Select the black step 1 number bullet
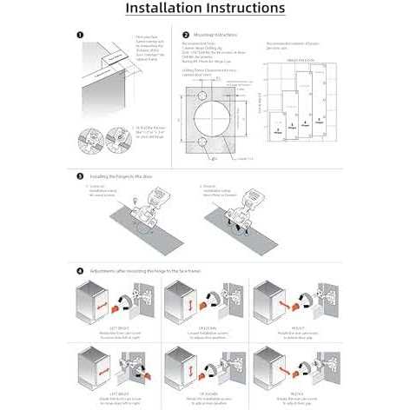[80, 36]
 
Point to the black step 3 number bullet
[80, 175]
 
